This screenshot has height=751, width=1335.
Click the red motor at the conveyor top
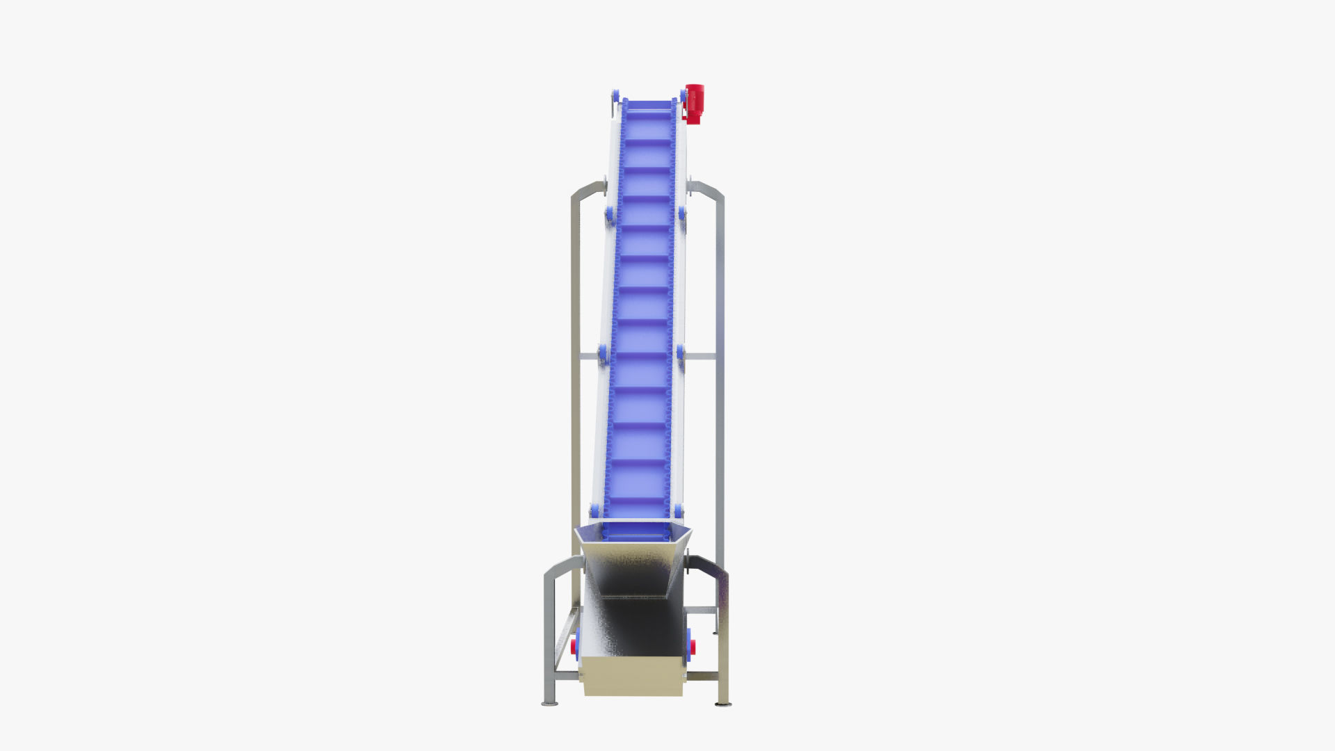(x=694, y=103)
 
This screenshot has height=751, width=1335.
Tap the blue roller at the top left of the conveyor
(x=615, y=95)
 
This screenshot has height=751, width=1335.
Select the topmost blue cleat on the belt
(x=649, y=109)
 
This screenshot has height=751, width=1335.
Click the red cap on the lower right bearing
(x=693, y=647)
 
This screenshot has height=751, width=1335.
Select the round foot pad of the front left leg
(x=549, y=704)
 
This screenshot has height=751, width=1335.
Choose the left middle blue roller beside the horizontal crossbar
(x=603, y=354)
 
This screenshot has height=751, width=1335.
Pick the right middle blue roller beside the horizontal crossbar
(x=681, y=354)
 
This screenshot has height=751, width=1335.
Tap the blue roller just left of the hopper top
(x=594, y=511)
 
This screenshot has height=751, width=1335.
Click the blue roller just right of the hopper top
(x=679, y=511)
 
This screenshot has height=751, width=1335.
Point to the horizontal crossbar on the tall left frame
(x=588, y=357)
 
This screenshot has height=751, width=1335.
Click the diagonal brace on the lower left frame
(x=566, y=636)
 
